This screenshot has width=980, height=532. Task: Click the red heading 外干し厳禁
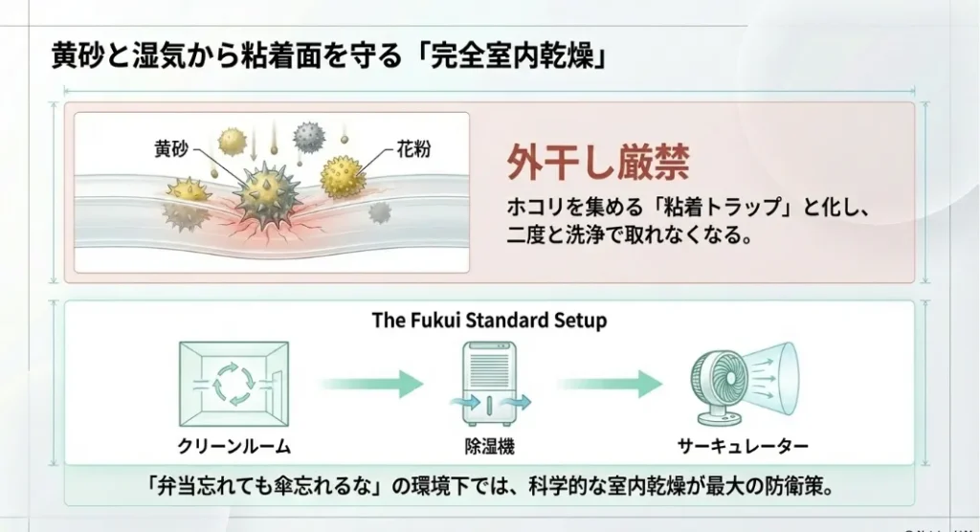coord(597,164)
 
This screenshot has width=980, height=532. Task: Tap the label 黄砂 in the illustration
coord(171,149)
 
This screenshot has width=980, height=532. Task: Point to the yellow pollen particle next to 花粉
coord(343,176)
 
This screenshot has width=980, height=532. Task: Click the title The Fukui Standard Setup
coord(489,321)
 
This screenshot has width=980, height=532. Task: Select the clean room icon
coord(234,384)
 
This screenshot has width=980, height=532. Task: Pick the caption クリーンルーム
coord(234,446)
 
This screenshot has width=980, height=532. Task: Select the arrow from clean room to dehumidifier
coord(371,384)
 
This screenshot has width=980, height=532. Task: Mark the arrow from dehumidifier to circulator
coord(609,384)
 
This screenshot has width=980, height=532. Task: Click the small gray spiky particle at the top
coord(308,135)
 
